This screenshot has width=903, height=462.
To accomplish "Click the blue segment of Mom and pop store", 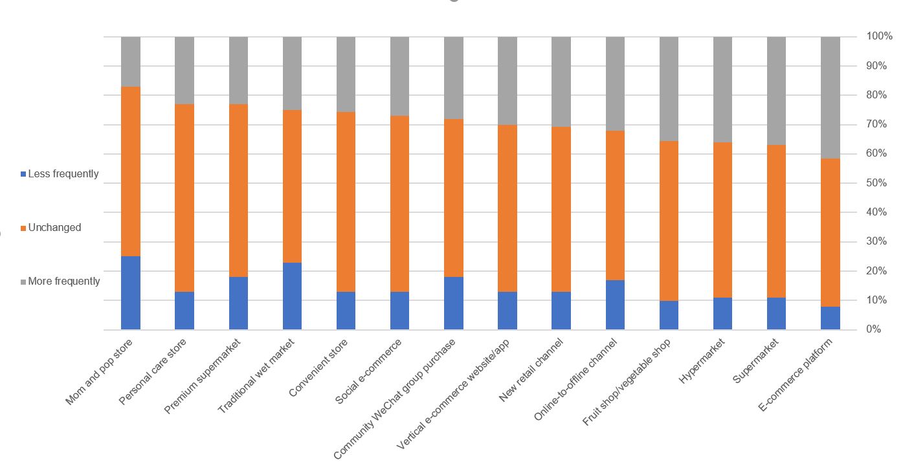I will pyautogui.click(x=131, y=292).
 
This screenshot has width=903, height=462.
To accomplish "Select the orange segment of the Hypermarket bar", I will pyautogui.click(x=723, y=220).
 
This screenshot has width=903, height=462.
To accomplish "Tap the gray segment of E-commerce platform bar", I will pyautogui.click(x=831, y=97).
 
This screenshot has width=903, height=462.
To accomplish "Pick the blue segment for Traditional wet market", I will pyautogui.click(x=293, y=296).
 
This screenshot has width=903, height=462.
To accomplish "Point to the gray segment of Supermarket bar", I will pyautogui.click(x=777, y=91).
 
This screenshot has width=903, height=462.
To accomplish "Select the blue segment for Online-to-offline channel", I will pyautogui.click(x=615, y=305).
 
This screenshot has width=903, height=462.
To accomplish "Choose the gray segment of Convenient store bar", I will pyautogui.click(x=346, y=74).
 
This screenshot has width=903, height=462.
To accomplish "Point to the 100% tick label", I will pyautogui.click(x=879, y=36).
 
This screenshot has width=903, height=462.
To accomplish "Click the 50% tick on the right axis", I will pyautogui.click(x=877, y=183).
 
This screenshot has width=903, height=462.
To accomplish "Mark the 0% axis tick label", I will pyautogui.click(x=875, y=329).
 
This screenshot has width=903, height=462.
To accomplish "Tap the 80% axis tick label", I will pyautogui.click(x=877, y=95).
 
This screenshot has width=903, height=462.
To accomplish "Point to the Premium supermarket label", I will pyautogui.click(x=203, y=375).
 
